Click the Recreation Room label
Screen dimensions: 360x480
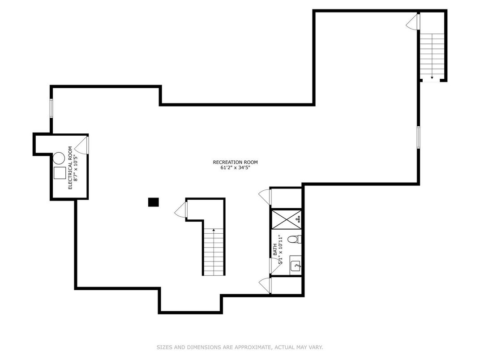click(235, 162)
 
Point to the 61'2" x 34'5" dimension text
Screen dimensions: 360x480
click(235, 168)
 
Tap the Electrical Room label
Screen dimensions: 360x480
click(70, 167)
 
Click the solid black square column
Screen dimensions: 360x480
click(153, 202)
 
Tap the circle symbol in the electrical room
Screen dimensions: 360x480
click(59, 158)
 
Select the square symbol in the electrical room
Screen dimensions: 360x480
click(59, 173)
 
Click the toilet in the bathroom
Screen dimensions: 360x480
click(294, 240)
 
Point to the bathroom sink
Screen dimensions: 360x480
click(296, 265)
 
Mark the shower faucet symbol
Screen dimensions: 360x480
click(299, 218)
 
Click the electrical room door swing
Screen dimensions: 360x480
click(82, 144)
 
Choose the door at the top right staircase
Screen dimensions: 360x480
click(413, 21)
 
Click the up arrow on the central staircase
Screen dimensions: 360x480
click(214, 231)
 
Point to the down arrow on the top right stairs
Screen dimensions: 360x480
click(432, 77)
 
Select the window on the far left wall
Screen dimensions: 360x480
click(51, 108)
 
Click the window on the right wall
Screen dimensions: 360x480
click(418, 137)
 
